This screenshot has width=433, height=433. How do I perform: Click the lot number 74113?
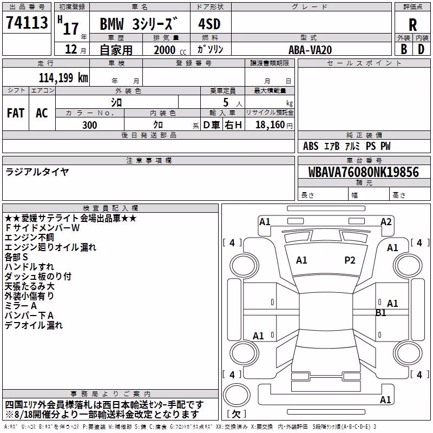[x=27, y=22]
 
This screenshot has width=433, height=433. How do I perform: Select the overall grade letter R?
[x=412, y=25]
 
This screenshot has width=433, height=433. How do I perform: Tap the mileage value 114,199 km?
[x=63, y=78]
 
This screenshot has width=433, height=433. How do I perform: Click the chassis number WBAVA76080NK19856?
[x=364, y=172]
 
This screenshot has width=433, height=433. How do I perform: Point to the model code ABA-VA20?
[x=310, y=50]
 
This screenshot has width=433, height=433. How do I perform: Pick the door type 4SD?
[x=209, y=24]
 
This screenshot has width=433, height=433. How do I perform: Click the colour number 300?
[x=90, y=125]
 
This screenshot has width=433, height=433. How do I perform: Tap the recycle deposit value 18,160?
[x=270, y=125]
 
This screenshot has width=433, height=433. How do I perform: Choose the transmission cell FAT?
[x=16, y=113]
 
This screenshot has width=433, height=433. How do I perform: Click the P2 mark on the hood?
[x=350, y=260]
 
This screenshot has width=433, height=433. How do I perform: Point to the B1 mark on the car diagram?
[x=381, y=313]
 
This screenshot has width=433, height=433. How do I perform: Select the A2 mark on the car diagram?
[x=386, y=222]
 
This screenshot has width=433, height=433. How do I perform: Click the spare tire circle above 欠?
[x=237, y=395]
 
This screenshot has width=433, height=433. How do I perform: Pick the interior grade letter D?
[x=421, y=49]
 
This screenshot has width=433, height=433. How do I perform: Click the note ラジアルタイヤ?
[x=37, y=172]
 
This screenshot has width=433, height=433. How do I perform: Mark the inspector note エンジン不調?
[x=29, y=238]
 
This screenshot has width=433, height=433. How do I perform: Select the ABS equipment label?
[x=311, y=146]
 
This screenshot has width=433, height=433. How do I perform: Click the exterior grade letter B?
[x=404, y=49]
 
